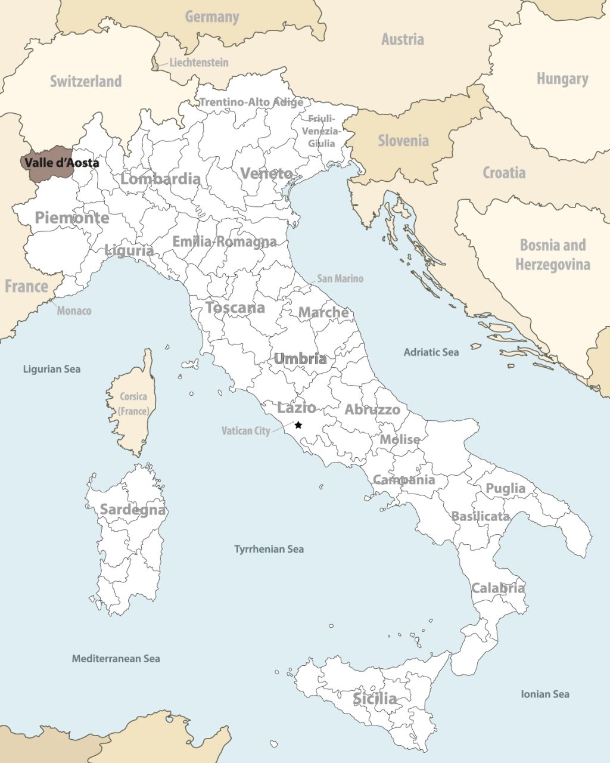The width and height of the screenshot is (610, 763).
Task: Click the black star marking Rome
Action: (298, 425)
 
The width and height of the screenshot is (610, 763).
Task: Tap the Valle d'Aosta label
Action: (62, 162)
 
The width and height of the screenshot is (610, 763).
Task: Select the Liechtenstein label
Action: (198, 62)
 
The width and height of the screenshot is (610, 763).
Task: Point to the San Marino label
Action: (340, 278)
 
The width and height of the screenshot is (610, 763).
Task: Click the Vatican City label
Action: (245, 430)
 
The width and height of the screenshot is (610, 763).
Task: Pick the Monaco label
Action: (74, 311)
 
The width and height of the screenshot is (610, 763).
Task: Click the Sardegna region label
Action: (132, 510)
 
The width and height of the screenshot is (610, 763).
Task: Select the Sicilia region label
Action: (375, 698)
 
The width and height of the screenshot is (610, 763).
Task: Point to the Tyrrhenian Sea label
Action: (269, 549)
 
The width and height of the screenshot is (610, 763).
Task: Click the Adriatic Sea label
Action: (431, 352)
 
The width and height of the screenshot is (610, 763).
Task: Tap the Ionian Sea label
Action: (544, 694)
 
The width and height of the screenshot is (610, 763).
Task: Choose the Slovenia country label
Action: (403, 141)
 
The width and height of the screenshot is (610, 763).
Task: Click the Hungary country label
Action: (562, 79)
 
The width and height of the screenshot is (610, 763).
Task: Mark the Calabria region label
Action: (498, 588)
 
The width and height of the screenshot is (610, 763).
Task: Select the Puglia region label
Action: (506, 488)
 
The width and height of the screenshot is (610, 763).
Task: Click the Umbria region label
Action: (300, 359)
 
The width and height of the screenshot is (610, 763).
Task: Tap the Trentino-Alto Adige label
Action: (251, 102)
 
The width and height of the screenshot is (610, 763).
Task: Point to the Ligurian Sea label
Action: (51, 369)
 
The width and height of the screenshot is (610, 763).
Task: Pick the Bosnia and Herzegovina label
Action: (552, 255)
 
